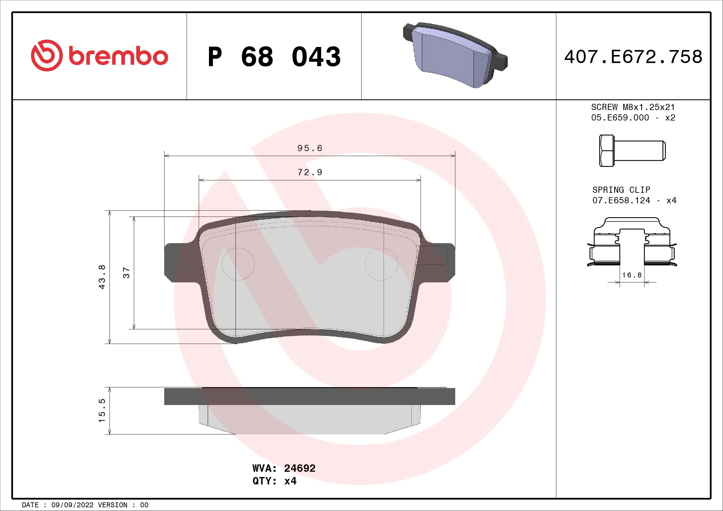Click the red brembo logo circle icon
click(x=45, y=55)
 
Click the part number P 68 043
click(x=274, y=57)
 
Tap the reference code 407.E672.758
click(x=633, y=57)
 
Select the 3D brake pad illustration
click(x=455, y=55)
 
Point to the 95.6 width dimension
click(x=310, y=148)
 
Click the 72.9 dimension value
click(x=310, y=172)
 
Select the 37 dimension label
click(x=126, y=272)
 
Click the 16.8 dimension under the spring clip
click(x=632, y=275)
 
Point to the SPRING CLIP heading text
click(x=621, y=190)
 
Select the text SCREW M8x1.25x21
click(x=633, y=107)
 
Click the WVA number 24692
click(x=300, y=468)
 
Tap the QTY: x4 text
click(x=274, y=481)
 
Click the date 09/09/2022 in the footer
click(x=72, y=505)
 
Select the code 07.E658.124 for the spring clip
click(x=621, y=201)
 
